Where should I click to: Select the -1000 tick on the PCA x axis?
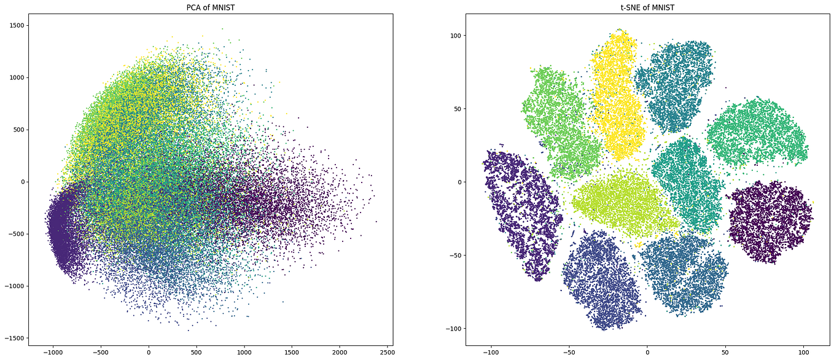(x=53, y=353)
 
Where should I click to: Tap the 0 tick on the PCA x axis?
(x=149, y=353)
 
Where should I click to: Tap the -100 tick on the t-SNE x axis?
(x=491, y=353)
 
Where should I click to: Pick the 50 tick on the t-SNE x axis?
(x=725, y=353)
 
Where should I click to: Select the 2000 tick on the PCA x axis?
(x=340, y=353)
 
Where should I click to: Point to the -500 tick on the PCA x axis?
(x=101, y=353)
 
